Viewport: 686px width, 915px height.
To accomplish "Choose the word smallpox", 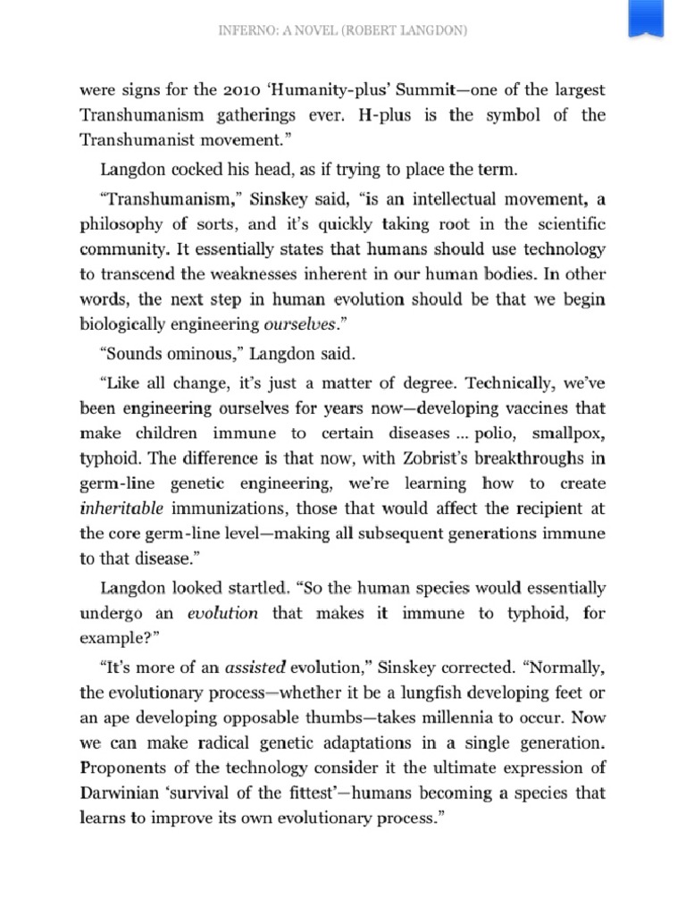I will [x=569, y=433].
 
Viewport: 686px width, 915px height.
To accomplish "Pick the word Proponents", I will [x=125, y=766].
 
